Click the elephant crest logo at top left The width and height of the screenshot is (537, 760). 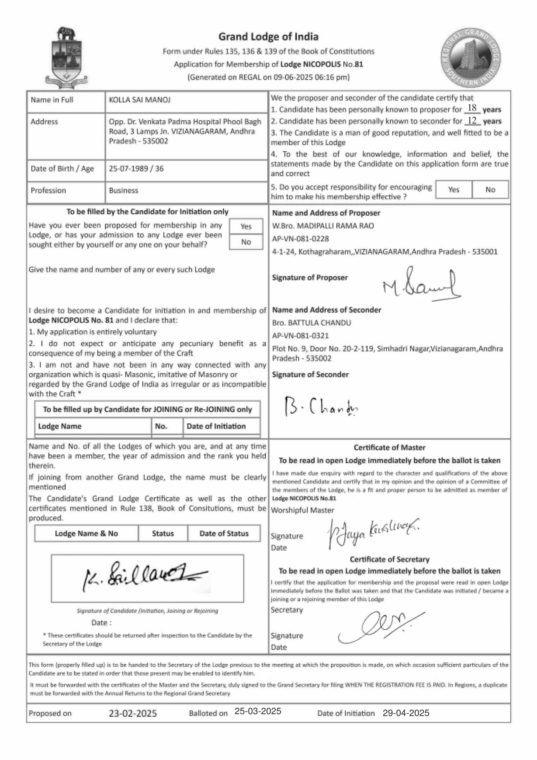66,58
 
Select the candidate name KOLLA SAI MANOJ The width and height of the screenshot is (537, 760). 140,100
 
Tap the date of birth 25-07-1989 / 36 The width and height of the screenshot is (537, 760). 136,169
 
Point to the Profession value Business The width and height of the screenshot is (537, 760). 123,190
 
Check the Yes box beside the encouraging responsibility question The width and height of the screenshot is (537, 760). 454,190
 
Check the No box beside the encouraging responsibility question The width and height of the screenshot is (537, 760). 490,190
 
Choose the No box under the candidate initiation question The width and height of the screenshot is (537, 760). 246,242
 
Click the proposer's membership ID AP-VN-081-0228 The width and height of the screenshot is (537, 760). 300,239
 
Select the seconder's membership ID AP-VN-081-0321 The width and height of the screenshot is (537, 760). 300,336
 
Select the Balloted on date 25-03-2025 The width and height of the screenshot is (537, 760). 258,711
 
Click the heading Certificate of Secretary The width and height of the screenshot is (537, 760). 389,559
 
